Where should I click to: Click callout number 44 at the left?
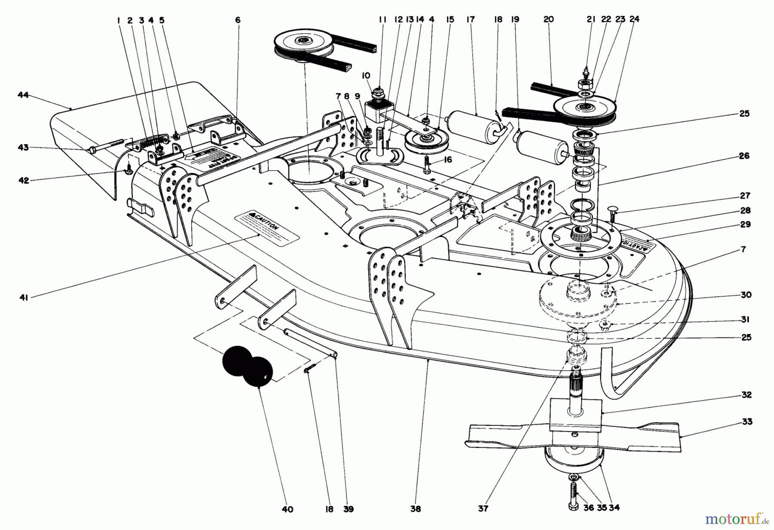[x=23, y=95]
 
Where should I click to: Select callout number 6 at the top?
[x=238, y=20]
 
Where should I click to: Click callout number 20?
[x=548, y=19]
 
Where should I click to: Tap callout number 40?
[x=287, y=509]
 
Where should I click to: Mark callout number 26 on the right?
[x=744, y=156]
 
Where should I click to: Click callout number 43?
[x=23, y=148]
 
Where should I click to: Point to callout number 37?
[x=483, y=509]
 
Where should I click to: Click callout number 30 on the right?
[x=746, y=295]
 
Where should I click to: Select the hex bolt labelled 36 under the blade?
[x=573, y=495]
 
